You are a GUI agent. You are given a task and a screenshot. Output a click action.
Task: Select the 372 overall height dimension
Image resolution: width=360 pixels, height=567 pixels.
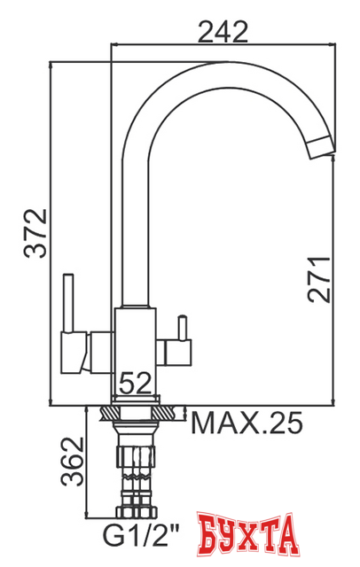pos(33,233)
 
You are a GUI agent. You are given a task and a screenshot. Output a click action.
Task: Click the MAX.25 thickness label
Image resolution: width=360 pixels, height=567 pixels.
pos(247,423)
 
